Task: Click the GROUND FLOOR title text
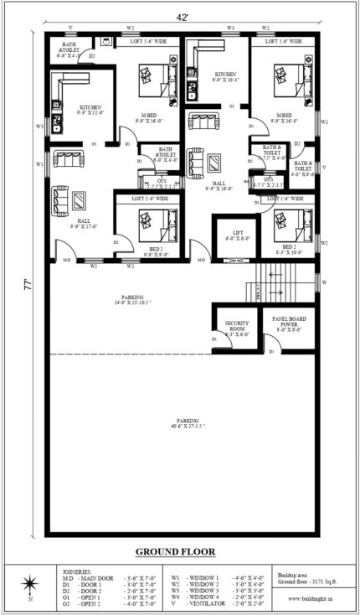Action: [175, 551]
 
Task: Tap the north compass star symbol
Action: [31, 583]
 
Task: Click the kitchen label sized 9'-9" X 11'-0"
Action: [90, 111]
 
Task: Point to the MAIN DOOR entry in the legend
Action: [84, 577]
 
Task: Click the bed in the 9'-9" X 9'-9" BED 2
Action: [156, 221]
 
